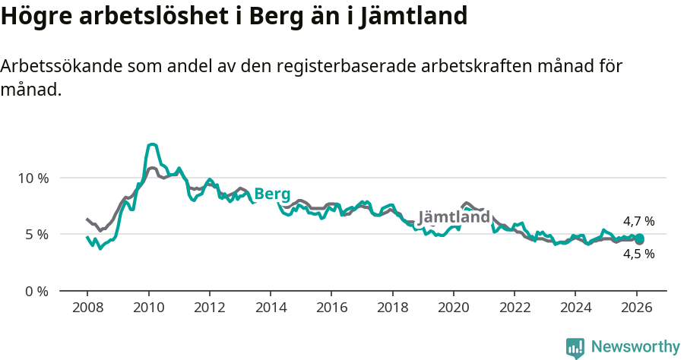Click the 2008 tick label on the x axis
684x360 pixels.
[87, 308]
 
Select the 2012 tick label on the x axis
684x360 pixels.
[209, 308]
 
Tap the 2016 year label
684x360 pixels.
[331, 308]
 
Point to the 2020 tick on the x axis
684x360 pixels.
[453, 308]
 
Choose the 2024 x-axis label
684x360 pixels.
[575, 308]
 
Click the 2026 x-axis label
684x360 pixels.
[635, 308]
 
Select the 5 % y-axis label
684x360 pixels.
[37, 234]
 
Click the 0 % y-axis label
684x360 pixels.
[37, 291]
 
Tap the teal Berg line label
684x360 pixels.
[272, 194]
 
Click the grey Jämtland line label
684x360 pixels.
[454, 217]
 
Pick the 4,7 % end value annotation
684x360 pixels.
[638, 221]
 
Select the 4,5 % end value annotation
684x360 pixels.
[638, 254]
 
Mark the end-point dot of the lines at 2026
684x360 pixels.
[639, 239]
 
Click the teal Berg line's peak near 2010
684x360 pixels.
[153, 144]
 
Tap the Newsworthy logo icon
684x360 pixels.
[575, 348]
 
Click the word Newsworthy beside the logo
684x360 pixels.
[635, 347]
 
